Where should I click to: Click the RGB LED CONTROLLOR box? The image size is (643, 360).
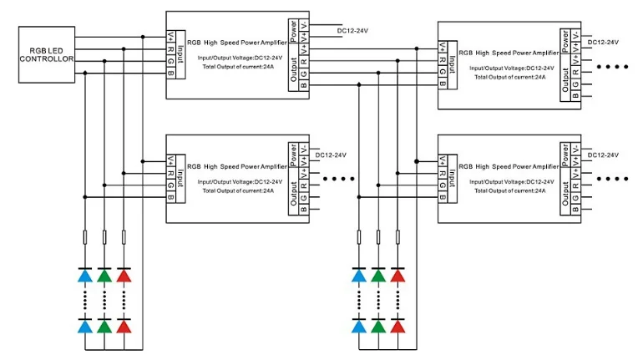pos(47,54)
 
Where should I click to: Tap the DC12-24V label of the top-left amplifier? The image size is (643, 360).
pos(352,31)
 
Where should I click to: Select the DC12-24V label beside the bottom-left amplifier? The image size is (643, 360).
pos(331,155)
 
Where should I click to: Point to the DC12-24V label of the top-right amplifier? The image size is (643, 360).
pos(603,43)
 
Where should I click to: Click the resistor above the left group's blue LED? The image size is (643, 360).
pos(85,237)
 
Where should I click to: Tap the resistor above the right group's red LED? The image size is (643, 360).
pos(397,237)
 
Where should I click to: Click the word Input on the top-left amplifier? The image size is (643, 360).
pos(180,54)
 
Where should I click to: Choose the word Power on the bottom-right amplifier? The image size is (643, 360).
pos(565,155)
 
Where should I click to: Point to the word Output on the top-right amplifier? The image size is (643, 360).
pos(565,79)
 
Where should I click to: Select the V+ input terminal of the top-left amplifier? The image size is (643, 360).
pos(170,37)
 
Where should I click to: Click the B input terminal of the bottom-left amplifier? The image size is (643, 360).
pos(170,197)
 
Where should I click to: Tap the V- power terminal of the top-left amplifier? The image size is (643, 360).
pos(304,25)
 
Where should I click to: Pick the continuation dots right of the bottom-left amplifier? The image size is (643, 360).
pos(339,179)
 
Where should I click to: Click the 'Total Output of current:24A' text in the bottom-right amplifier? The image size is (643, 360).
pos(509,190)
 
